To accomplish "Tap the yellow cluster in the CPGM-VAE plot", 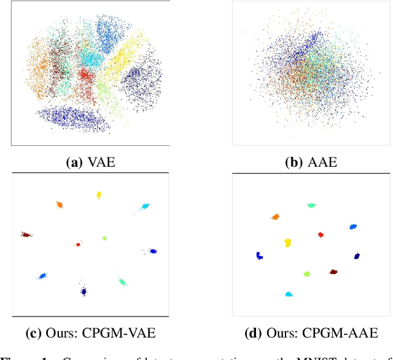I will [x=98, y=195].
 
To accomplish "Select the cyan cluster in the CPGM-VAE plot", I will [x=145, y=207].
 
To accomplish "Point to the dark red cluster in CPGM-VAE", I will [x=26, y=234].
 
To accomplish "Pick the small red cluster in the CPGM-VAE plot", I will [x=78, y=244].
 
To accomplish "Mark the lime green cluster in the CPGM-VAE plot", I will [x=104, y=238].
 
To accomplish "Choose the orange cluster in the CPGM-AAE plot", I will [x=275, y=216].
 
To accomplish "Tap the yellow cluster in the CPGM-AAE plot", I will [x=287, y=243].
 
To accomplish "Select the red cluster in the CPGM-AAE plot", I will [x=320, y=235].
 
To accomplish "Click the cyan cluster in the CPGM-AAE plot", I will [x=289, y=294].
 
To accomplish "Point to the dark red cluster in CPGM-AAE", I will [x=333, y=271].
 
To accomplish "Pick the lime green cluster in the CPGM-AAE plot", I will [x=306, y=274].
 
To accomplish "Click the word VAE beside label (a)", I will [x=101, y=163].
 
